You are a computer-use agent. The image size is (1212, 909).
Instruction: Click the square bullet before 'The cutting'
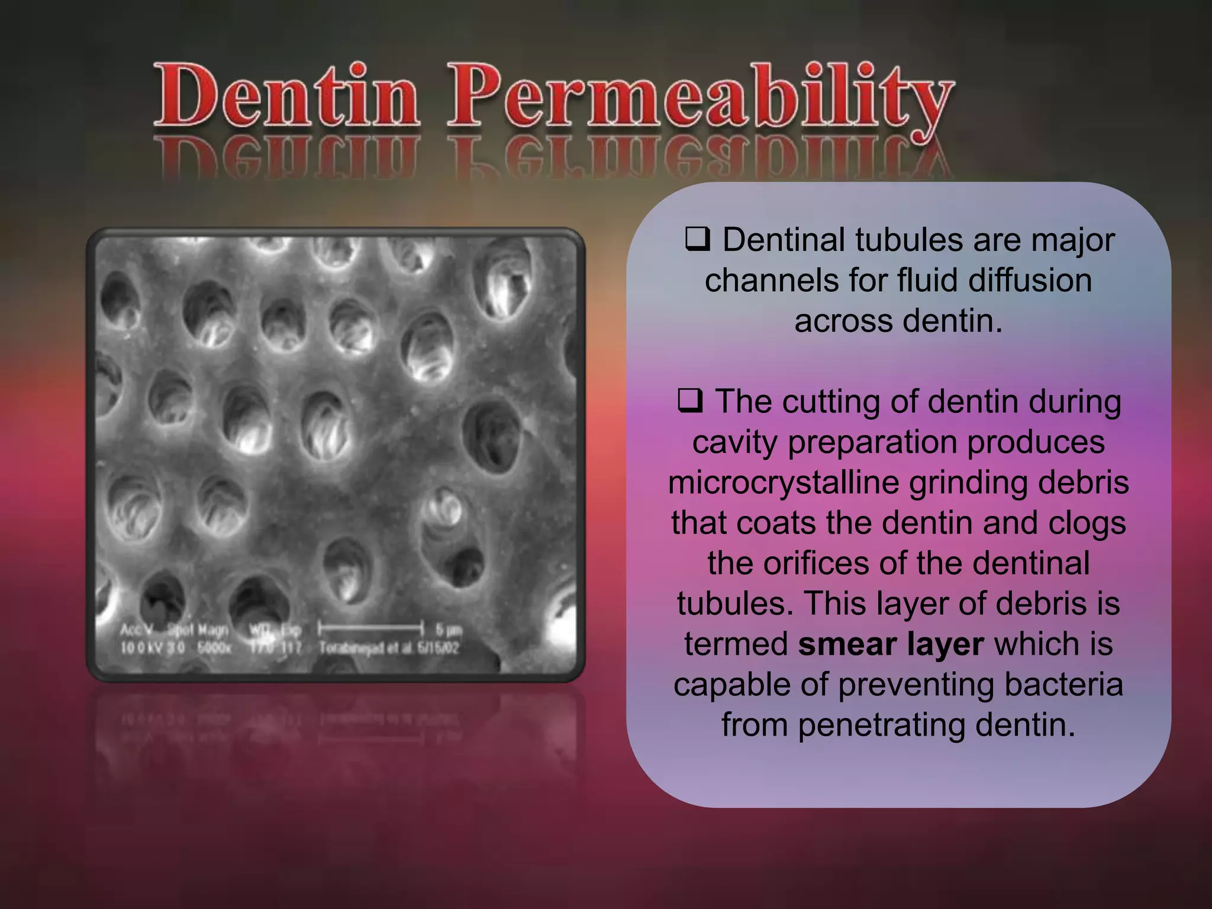[690, 401]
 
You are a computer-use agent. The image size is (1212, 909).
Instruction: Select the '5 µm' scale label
[448, 628]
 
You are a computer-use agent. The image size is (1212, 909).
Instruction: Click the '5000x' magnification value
[214, 648]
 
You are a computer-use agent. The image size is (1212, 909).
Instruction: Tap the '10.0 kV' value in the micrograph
[140, 648]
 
